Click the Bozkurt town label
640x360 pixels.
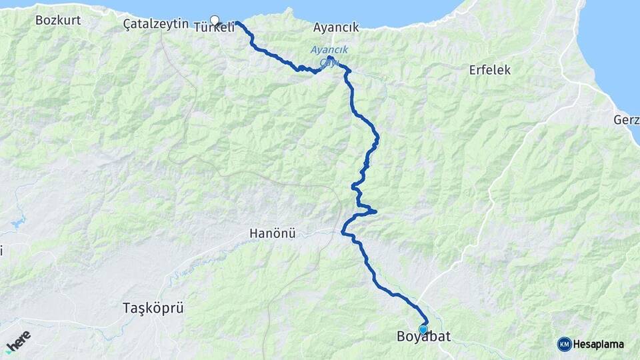tap(58, 20)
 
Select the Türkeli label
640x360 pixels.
tap(214, 28)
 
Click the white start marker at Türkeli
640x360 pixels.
tap(215, 20)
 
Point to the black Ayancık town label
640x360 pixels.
tap(336, 27)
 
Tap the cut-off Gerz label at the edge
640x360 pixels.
tap(627, 120)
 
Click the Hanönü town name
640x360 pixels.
tap(272, 233)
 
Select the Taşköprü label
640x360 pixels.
tap(153, 308)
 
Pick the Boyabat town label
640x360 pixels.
tap(423, 337)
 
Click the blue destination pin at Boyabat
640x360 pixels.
tap(423, 329)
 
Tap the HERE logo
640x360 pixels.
tap(18, 341)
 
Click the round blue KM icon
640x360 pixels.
tap(565, 344)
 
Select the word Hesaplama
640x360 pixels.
tap(599, 345)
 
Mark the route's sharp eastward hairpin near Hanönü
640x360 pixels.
tap(375, 212)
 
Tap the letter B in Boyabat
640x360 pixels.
tap(401, 337)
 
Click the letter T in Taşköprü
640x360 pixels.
tap(127, 308)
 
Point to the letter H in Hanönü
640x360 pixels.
tap(254, 233)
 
